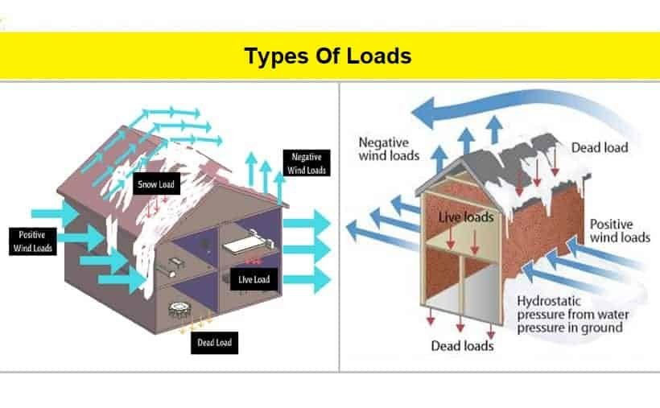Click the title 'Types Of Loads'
(x=328, y=56)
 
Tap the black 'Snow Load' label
(x=157, y=183)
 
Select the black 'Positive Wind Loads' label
(x=33, y=241)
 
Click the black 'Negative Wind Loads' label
(x=307, y=163)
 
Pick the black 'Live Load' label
(x=254, y=279)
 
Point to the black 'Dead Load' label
(x=214, y=343)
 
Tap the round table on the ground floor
(x=179, y=309)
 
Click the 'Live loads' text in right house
(x=466, y=217)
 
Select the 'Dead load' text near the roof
(x=600, y=148)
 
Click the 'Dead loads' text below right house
(x=462, y=346)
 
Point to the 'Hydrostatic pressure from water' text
(x=573, y=307)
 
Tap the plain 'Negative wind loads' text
(x=389, y=149)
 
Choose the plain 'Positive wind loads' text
(x=620, y=230)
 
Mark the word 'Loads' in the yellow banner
(x=379, y=56)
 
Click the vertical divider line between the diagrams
(x=339, y=228)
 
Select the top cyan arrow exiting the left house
(x=306, y=223)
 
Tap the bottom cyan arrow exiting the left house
(x=306, y=279)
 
